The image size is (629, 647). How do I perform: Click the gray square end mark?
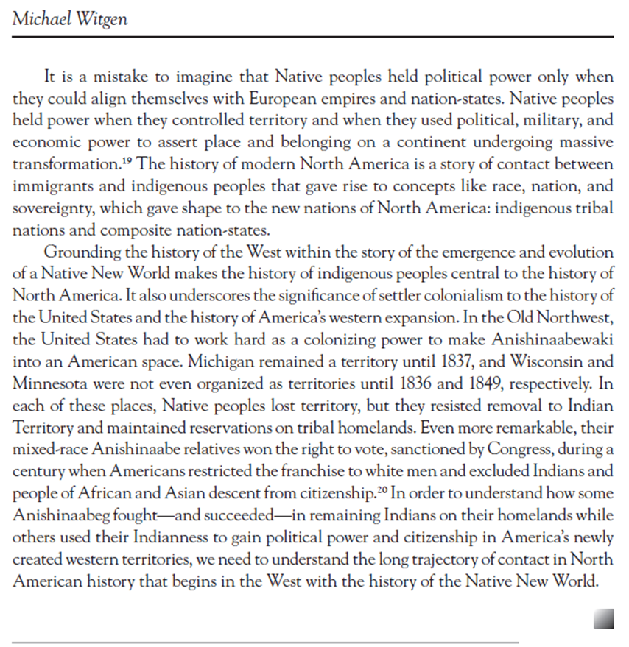[x=603, y=618]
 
